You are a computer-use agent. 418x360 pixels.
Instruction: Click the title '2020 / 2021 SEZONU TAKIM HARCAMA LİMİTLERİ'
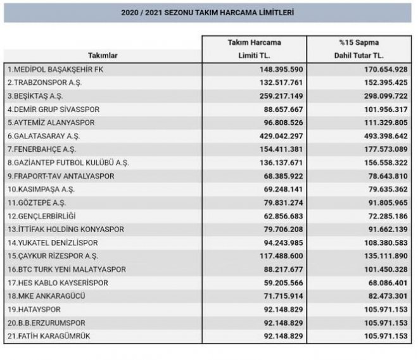pyautogui.click(x=208, y=13)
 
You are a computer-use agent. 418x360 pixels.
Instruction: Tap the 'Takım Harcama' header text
pyautogui.click(x=255, y=42)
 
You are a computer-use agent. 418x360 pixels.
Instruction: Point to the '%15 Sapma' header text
pyautogui.click(x=359, y=42)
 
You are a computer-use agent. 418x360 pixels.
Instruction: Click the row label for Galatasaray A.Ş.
pyautogui.click(x=44, y=136)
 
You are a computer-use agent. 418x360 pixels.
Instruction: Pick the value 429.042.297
pyautogui.click(x=277, y=136)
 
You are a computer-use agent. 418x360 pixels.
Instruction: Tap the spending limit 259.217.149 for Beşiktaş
pyautogui.click(x=277, y=96)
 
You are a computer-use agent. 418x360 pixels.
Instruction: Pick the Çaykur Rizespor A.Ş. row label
pyautogui.click(x=53, y=256)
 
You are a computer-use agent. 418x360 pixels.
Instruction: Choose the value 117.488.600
pyautogui.click(x=277, y=256)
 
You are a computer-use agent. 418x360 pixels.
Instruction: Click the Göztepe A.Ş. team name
pyautogui.click(x=37, y=202)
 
